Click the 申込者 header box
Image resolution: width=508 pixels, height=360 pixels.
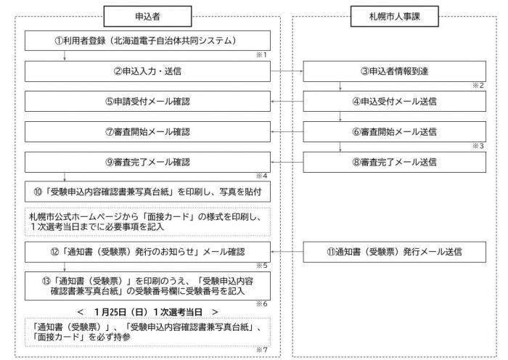point(148,14)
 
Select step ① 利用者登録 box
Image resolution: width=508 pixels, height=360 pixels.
point(149,41)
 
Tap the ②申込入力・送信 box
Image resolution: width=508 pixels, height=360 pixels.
point(149,70)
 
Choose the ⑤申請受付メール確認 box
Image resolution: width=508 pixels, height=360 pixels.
point(149,101)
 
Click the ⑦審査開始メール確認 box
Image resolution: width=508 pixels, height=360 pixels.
point(149,131)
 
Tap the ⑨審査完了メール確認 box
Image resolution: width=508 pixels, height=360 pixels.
point(149,162)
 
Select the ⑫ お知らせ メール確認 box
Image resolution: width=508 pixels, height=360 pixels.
point(149,252)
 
